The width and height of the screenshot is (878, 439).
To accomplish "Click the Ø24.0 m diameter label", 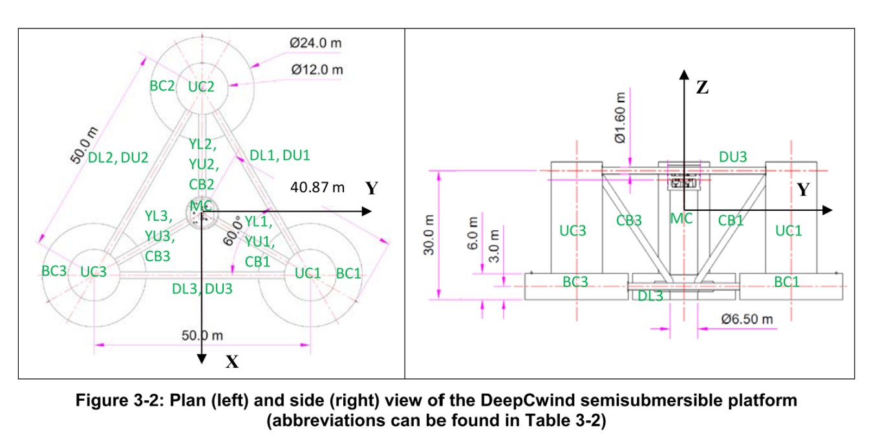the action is [x=316, y=43].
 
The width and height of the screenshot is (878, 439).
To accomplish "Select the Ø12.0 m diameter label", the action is [x=317, y=70].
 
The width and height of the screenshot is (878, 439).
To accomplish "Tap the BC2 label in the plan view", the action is [x=162, y=86].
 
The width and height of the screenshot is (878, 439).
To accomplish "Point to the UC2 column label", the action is [x=201, y=87].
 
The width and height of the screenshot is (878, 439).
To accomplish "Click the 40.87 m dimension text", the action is [x=317, y=187].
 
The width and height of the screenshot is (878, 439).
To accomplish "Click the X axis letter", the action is [x=232, y=362].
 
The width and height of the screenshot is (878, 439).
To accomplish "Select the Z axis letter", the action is [x=702, y=87].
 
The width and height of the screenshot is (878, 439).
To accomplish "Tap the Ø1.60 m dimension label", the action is [x=620, y=118].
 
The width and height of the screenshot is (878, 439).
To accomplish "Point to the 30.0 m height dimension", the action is [x=429, y=235].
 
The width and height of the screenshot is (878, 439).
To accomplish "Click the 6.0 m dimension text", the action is [x=473, y=233].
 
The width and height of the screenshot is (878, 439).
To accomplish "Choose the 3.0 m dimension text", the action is [x=494, y=246].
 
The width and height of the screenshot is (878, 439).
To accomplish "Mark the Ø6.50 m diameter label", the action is [x=747, y=319].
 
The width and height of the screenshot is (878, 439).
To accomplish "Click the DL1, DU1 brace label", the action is [x=280, y=156].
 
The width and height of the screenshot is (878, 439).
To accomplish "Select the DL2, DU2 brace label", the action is [x=118, y=158].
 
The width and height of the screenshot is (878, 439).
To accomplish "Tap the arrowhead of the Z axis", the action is [x=684, y=74].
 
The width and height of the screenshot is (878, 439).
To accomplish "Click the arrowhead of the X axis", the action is [x=202, y=359].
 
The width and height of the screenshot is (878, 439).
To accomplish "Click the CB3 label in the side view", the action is [x=628, y=220].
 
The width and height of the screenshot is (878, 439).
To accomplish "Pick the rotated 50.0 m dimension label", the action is [x=84, y=145].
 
